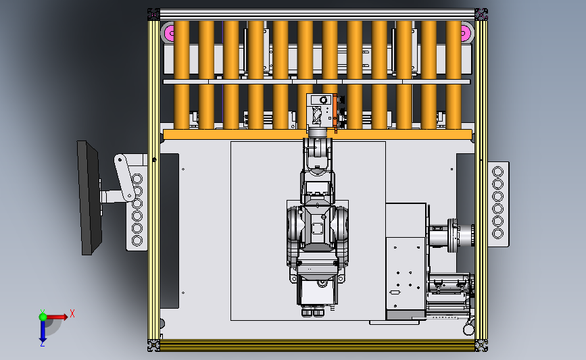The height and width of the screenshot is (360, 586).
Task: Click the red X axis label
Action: [x=72, y=313]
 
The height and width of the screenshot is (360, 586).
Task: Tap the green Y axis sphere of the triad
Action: [x=43, y=317]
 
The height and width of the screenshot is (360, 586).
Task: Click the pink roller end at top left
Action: [x=168, y=33]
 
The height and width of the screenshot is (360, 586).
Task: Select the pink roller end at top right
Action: [x=465, y=33]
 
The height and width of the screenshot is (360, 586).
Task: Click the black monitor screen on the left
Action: [x=89, y=198]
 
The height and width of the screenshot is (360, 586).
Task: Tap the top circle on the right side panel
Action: [x=498, y=172]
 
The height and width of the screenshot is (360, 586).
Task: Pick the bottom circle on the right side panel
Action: [x=498, y=234]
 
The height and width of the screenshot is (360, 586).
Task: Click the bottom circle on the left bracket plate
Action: [x=137, y=241]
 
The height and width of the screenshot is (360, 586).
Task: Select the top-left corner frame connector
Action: [x=153, y=14]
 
